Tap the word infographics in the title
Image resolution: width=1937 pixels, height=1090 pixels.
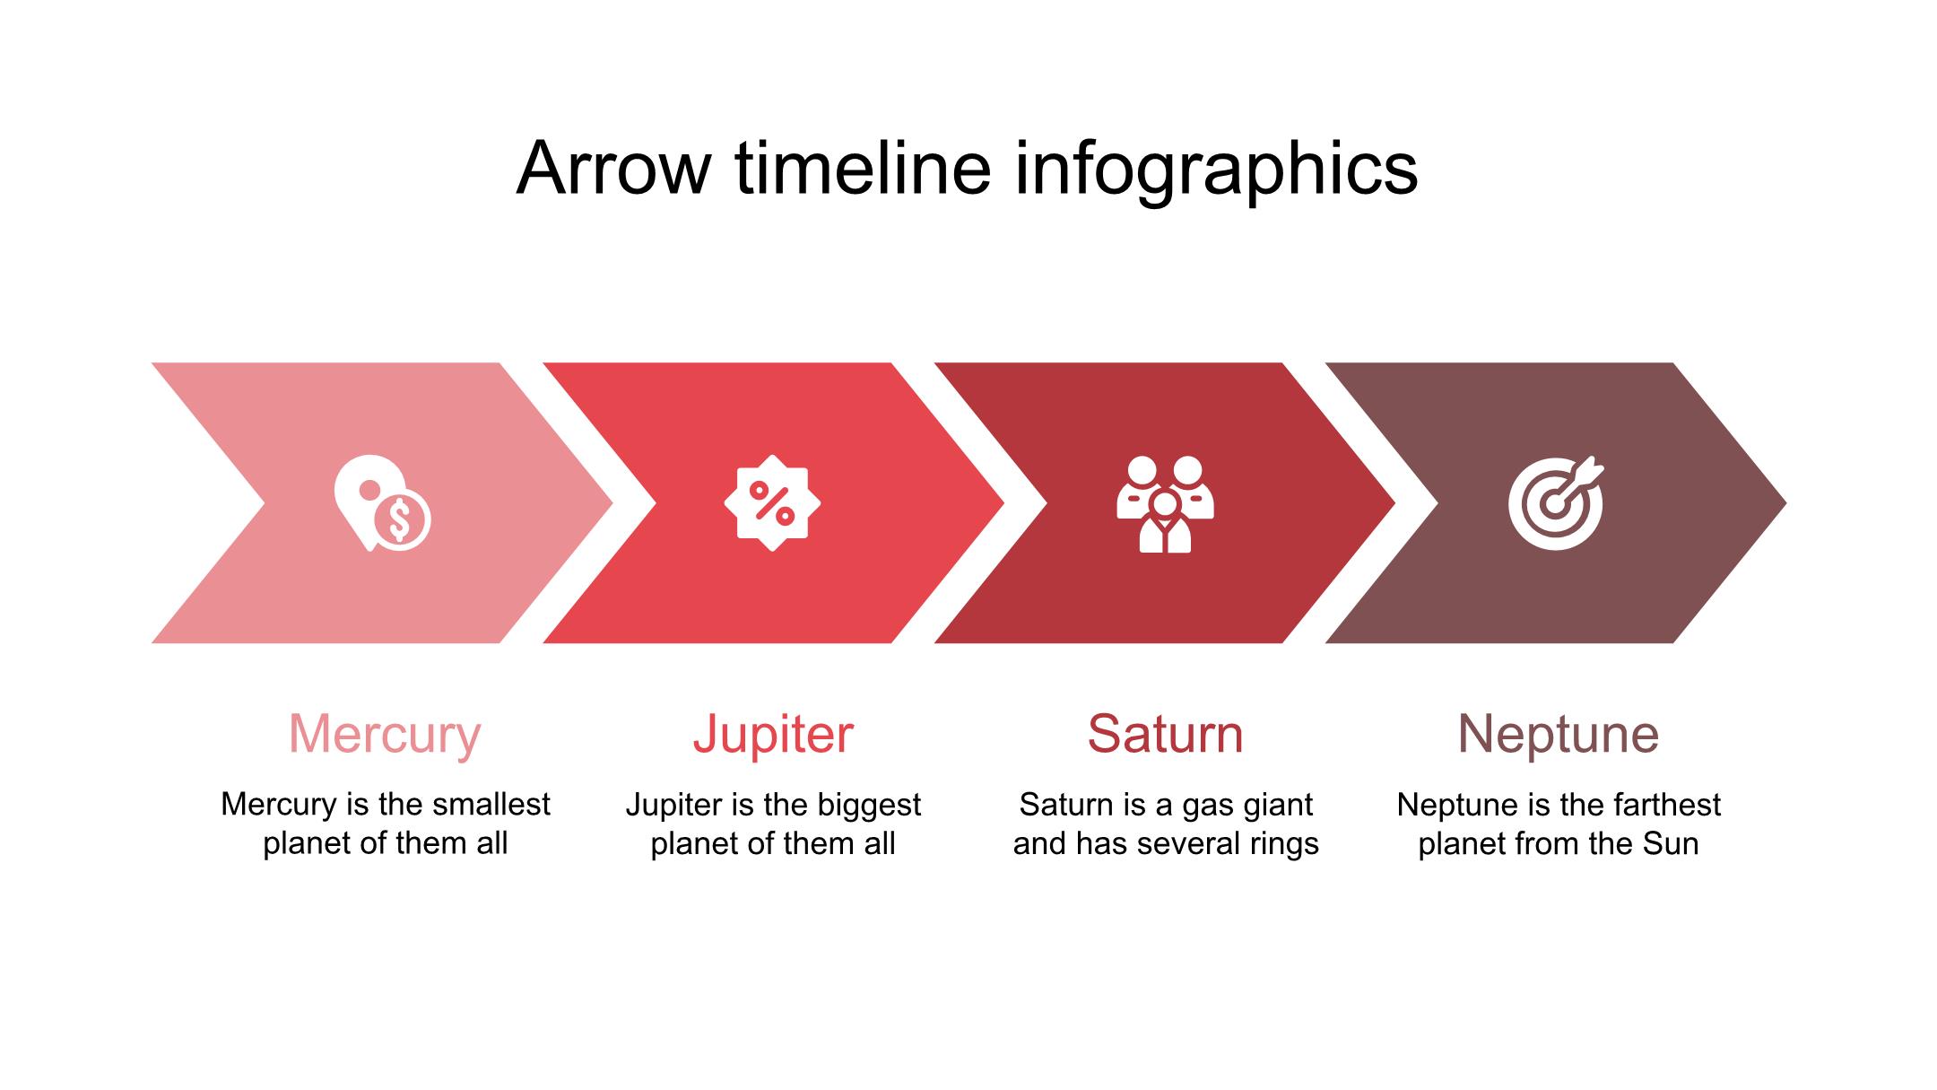pyautogui.click(x=1216, y=170)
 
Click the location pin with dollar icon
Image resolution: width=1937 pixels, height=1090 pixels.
pyautogui.click(x=382, y=503)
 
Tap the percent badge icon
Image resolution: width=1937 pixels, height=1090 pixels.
pyautogui.click(x=772, y=502)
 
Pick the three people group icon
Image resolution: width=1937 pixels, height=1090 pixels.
pyautogui.click(x=1165, y=504)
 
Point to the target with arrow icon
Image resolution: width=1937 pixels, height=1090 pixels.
pyautogui.click(x=1556, y=502)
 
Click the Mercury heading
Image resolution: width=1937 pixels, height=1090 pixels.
pyautogui.click(x=385, y=736)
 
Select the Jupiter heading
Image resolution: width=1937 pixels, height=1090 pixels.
pyautogui.click(x=773, y=735)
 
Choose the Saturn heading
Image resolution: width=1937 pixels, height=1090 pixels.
pyautogui.click(x=1165, y=734)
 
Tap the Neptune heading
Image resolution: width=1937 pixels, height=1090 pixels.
pyautogui.click(x=1559, y=736)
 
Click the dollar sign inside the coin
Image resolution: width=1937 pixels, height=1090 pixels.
pyautogui.click(x=400, y=519)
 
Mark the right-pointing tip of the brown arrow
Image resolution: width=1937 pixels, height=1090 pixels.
pyautogui.click(x=1786, y=503)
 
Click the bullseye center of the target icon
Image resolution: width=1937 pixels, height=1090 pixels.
pyautogui.click(x=1554, y=505)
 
